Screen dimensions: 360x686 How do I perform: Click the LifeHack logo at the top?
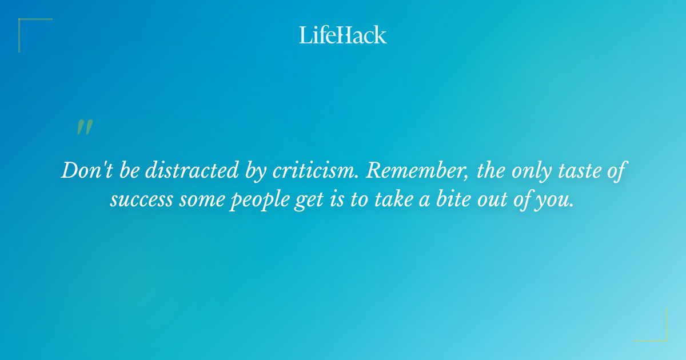[x=343, y=35]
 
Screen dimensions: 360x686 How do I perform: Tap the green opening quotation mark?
[x=84, y=127]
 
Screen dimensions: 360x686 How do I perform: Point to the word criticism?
[x=315, y=171]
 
